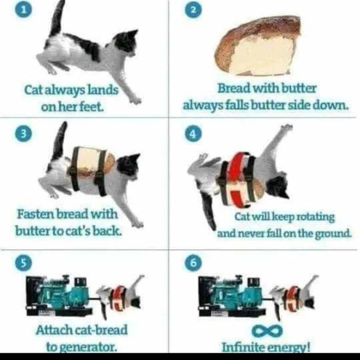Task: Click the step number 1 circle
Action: point(24,10)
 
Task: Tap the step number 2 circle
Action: point(194,10)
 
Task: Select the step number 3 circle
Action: point(24,133)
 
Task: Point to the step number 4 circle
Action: point(194,133)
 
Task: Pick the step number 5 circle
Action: point(24,263)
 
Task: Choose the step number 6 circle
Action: point(194,263)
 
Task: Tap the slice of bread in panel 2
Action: point(257,46)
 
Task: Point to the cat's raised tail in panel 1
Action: point(57,19)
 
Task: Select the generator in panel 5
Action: point(59,295)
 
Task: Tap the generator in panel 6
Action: point(232,295)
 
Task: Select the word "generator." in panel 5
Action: point(82,347)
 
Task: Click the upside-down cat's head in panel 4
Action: point(278,185)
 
